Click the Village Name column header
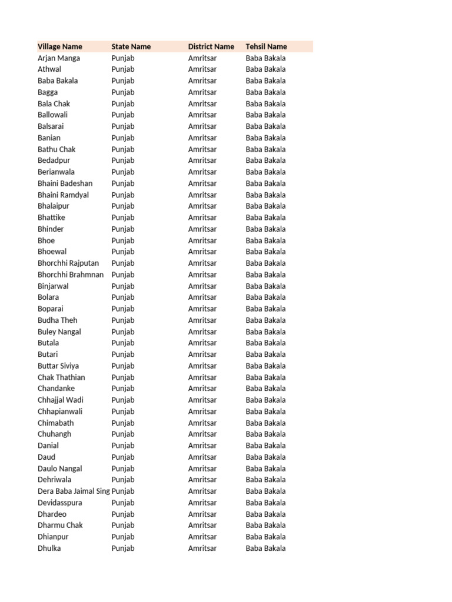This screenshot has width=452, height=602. click(60, 46)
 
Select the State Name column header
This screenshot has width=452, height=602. click(131, 46)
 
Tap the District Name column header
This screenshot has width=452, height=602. click(211, 46)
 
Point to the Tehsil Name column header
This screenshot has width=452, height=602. click(267, 46)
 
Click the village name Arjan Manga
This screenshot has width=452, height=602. click(59, 58)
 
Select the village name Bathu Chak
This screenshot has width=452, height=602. click(56, 149)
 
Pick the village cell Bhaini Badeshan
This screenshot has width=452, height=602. click(65, 183)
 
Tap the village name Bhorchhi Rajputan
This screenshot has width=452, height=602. click(68, 263)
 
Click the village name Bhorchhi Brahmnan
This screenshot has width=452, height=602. click(71, 275)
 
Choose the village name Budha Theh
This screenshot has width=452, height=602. click(58, 320)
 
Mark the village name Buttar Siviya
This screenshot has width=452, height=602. click(58, 366)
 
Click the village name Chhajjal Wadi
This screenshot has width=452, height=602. click(61, 400)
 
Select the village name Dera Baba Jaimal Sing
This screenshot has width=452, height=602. click(74, 491)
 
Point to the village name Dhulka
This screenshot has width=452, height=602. click(49, 549)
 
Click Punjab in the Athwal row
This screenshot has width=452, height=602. click(123, 69)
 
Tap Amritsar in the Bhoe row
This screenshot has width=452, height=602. click(202, 240)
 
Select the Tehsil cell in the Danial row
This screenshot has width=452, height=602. click(266, 446)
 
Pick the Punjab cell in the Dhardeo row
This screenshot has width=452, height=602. click(123, 514)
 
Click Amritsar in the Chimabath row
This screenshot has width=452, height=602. click(202, 423)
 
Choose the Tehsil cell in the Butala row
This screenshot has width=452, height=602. click(266, 343)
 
